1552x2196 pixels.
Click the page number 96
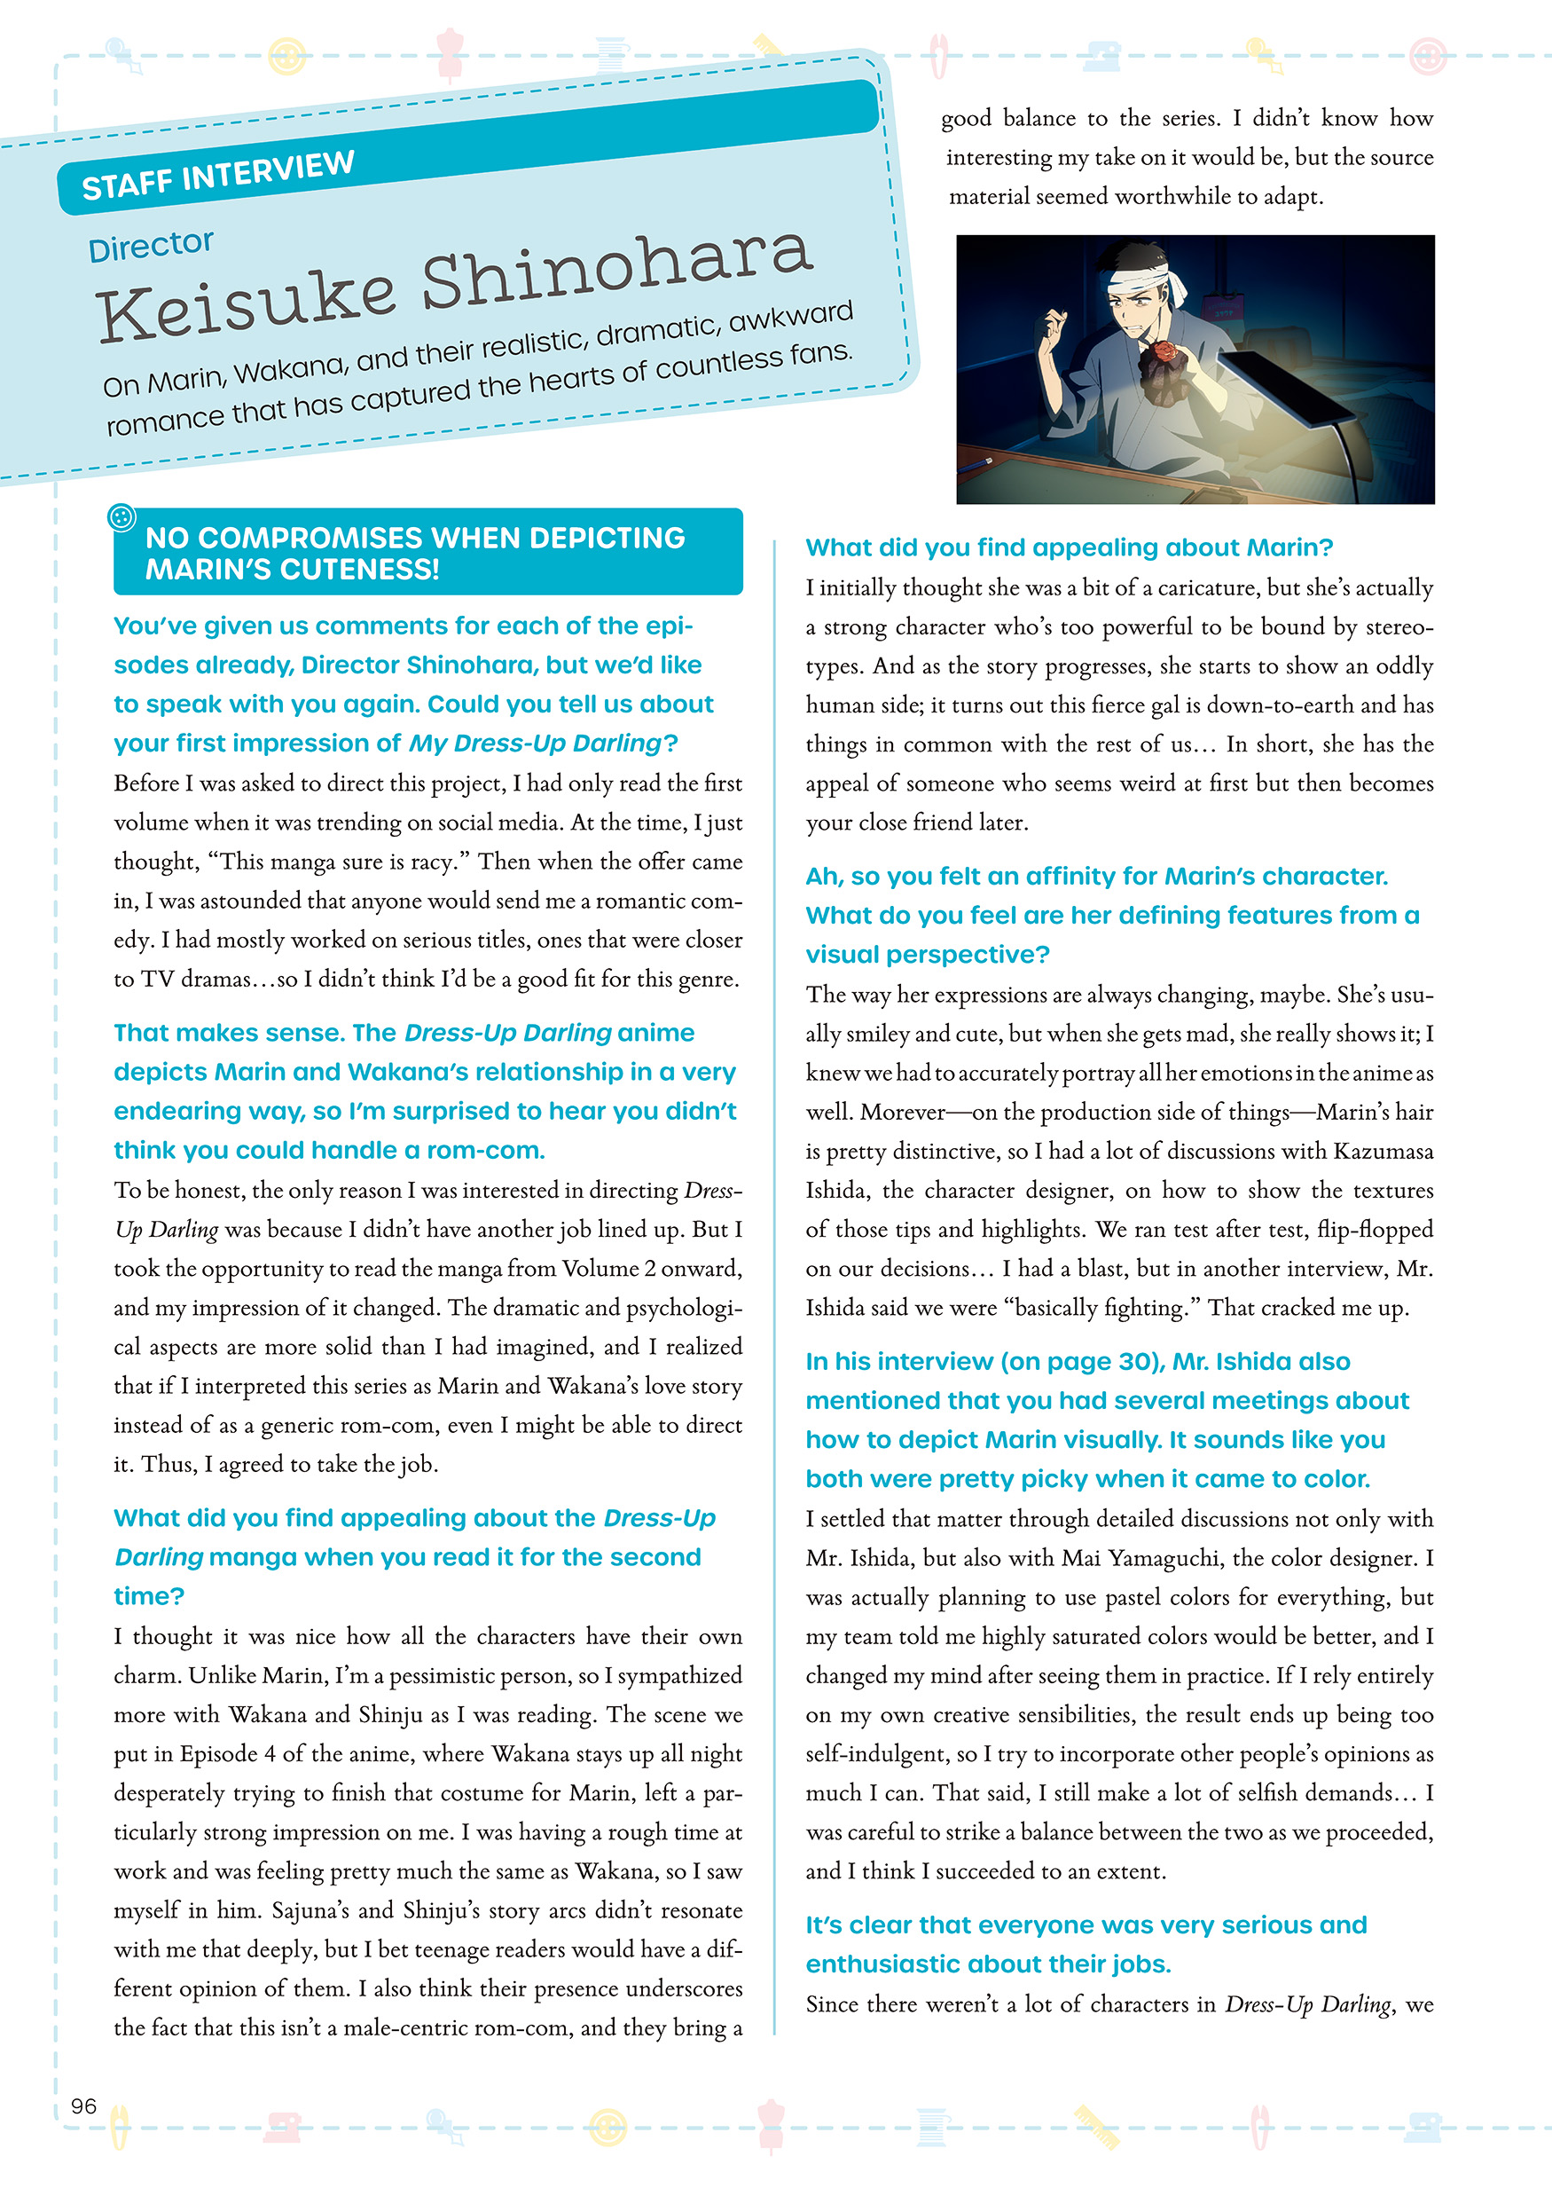pos(84,2105)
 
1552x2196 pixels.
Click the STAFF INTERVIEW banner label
pos(218,175)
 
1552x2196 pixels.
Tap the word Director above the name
pos(150,246)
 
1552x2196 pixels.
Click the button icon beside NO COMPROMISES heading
pos(121,517)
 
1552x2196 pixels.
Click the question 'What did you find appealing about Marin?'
pos(1068,547)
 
